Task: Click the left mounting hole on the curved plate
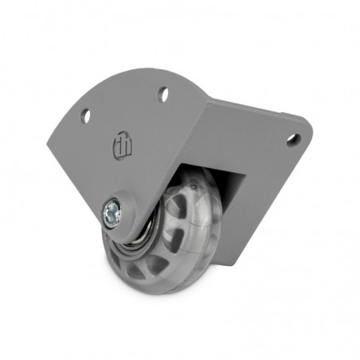point(85,116)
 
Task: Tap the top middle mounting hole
point(163,95)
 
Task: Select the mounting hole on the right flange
point(292,139)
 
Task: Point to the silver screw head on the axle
point(112,211)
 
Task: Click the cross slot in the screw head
point(112,211)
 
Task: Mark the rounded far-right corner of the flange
point(306,126)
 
